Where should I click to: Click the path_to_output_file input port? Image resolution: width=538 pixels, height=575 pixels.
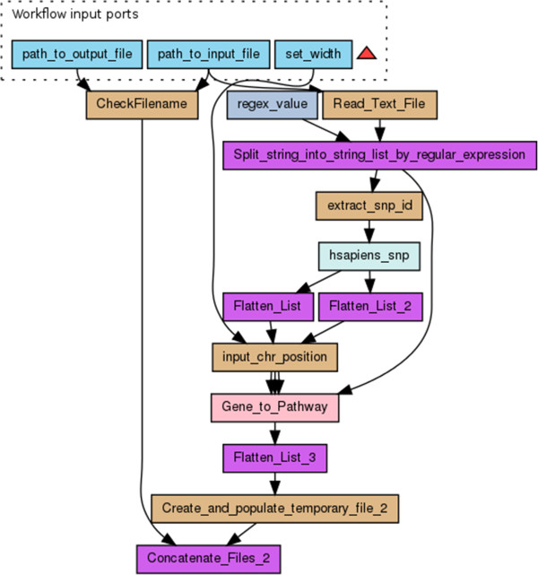coord(77,55)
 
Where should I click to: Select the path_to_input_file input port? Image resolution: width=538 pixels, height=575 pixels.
coord(207,55)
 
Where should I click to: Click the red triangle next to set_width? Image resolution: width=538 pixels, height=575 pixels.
coord(366,55)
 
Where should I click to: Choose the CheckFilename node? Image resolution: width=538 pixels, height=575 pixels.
coord(142,104)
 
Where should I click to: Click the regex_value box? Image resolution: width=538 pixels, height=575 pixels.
coord(272,104)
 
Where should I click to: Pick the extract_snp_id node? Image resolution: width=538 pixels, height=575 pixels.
coord(369,205)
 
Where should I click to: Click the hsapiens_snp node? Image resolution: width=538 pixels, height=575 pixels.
coord(369,256)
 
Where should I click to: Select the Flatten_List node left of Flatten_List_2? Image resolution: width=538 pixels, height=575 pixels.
coord(267,307)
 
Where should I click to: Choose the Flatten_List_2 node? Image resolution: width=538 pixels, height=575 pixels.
coord(369,307)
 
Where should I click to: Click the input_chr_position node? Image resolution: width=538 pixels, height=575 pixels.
coord(274,357)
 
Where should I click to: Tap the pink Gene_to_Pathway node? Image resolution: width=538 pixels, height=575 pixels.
coord(274,407)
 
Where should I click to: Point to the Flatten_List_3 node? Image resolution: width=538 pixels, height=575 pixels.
coord(274,458)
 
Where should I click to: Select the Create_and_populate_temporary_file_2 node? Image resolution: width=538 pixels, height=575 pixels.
coord(274,509)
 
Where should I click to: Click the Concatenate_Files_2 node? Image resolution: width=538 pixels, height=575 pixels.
coord(208,559)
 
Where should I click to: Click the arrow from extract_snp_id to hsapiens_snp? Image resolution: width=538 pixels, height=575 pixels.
coord(369,231)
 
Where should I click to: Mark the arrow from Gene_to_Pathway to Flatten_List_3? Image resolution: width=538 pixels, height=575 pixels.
coord(274,433)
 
